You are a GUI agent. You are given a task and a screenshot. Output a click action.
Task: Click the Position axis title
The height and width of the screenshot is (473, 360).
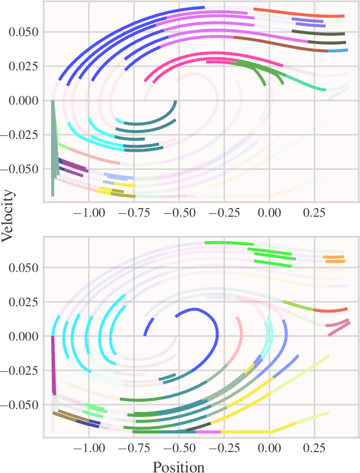pos(178,467)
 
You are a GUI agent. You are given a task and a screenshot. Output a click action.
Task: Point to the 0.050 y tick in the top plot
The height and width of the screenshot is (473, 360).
pos(23,32)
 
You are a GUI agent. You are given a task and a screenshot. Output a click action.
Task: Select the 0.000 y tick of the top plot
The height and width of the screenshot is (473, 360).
pos(23,101)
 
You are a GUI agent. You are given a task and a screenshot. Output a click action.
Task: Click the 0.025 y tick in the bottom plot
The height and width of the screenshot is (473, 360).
pos(23,302)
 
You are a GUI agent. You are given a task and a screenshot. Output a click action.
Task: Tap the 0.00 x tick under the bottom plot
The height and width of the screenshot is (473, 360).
pos(269,449)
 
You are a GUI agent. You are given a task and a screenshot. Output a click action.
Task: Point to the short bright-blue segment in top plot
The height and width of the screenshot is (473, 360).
pos(338,51)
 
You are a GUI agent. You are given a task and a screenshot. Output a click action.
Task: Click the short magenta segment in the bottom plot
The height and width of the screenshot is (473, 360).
pos(208,432)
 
